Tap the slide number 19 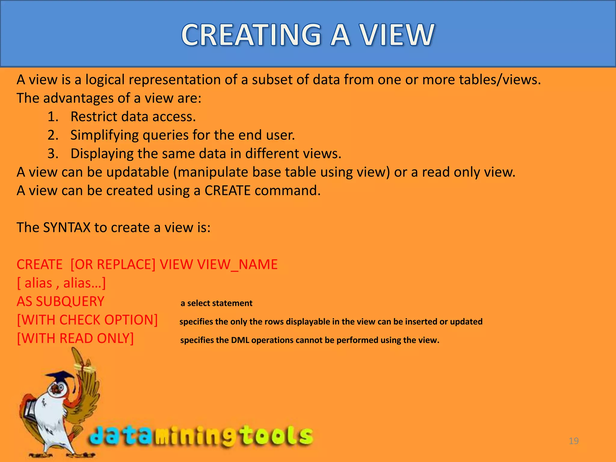coord(574,441)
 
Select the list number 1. coord(52,117)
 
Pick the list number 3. coord(52,154)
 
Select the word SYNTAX coord(67,227)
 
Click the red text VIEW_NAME coord(237,264)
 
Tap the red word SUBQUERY coord(70,301)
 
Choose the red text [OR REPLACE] coord(113,264)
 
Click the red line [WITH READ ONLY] coord(75,338)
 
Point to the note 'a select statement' coord(216,303)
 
